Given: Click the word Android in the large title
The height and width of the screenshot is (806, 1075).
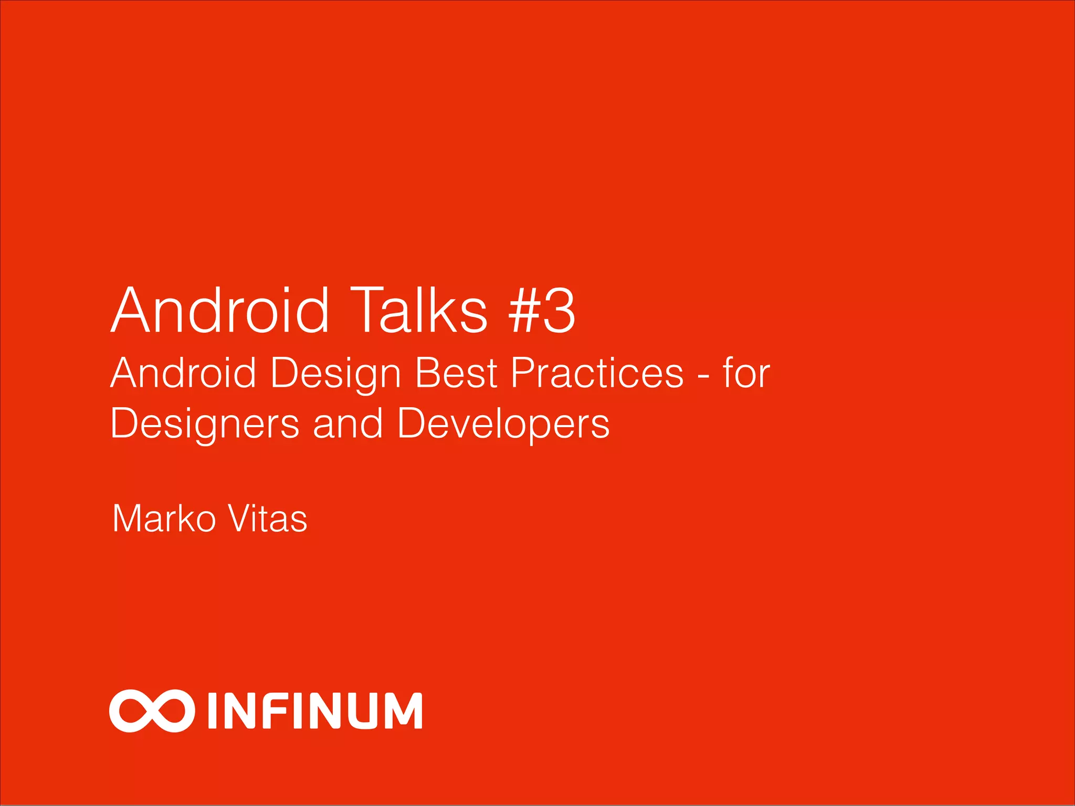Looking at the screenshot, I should pos(220,311).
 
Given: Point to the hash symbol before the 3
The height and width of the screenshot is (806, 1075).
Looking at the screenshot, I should pos(522,312).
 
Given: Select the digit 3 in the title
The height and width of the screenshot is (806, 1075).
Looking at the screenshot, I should pos(560,312).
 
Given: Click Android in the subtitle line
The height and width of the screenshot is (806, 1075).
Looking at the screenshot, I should pos(183,373).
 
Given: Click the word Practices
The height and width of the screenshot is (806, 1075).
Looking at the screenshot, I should pos(597,373).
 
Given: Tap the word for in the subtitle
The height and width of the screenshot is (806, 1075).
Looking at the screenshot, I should pos(746,373).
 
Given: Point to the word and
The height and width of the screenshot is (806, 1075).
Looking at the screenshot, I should pos(347,423).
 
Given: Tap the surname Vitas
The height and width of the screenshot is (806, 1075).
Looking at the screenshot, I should pos(268,519).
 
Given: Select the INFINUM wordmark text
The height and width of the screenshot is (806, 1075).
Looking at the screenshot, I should pos(315,711).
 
